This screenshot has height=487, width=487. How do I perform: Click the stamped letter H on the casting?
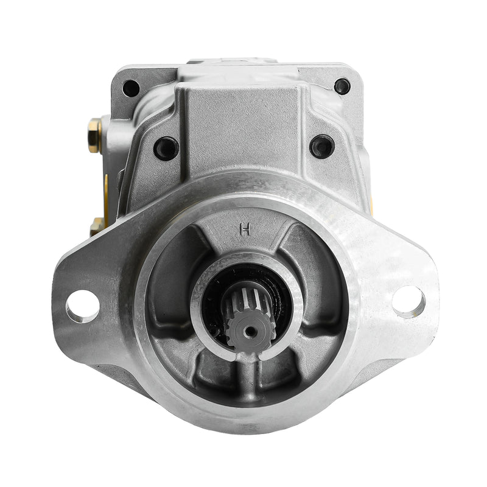245,229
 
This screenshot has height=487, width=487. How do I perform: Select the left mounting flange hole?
82,306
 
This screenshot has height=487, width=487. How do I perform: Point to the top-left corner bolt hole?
131,88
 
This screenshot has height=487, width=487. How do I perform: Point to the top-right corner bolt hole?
342,86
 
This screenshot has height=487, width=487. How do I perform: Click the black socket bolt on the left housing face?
166,148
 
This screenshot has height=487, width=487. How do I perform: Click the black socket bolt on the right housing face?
322,147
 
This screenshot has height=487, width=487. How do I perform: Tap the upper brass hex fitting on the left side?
95,135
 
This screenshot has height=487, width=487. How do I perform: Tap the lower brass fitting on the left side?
96,226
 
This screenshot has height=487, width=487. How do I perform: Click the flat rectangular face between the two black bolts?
243,122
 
